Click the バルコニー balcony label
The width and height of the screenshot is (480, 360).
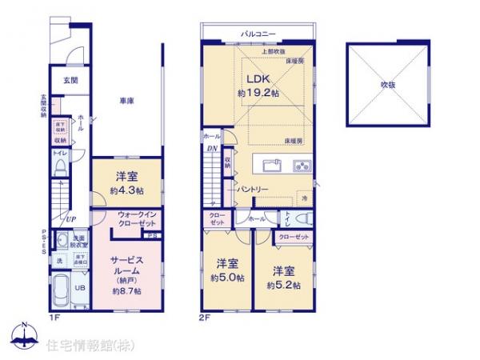258,34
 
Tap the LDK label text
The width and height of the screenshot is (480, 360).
257,78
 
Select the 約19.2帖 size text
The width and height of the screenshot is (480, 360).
258,94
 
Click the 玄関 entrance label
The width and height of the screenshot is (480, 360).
70,81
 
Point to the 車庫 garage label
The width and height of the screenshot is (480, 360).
126,102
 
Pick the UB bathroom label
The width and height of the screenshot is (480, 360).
79,289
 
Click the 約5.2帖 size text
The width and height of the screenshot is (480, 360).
282,285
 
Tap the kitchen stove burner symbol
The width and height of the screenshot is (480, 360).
302,166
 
